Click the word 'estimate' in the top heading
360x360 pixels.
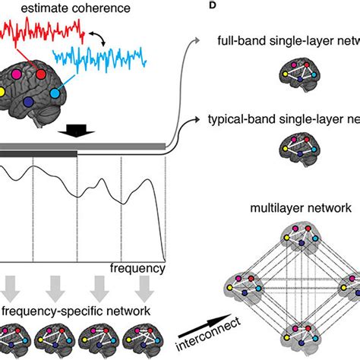(49, 9)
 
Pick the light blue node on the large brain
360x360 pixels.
(54, 93)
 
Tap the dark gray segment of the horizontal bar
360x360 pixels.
(38, 153)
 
